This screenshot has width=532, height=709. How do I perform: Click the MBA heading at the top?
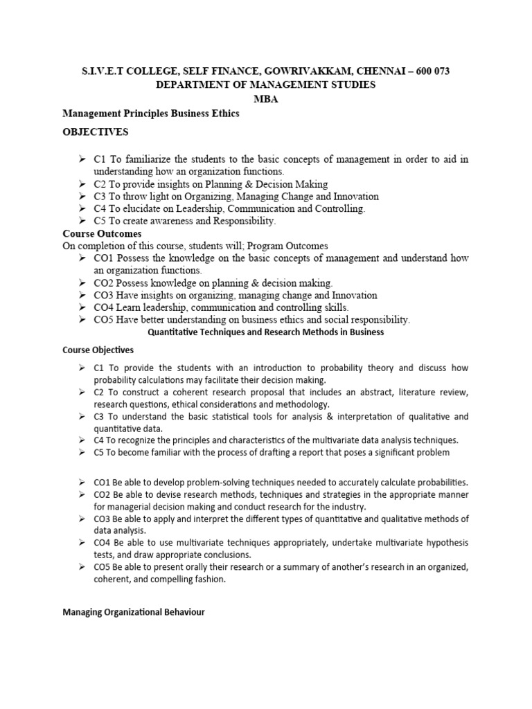coord(266,98)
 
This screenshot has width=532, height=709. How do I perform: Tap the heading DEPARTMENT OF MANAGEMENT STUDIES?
coord(266,85)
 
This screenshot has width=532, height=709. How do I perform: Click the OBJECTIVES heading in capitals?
coord(96,132)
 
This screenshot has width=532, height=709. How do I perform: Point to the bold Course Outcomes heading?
coord(102,234)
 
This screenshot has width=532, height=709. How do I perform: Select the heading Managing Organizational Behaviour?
coord(134,613)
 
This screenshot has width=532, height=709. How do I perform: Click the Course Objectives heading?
coord(98,350)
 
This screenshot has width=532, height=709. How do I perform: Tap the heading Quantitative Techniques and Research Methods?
coord(266,332)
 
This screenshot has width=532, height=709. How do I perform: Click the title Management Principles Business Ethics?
coord(151,114)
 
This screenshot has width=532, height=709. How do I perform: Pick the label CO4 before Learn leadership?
coord(105,307)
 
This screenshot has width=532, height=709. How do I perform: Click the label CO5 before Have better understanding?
coord(105,320)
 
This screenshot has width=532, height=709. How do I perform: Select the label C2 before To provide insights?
coord(101,184)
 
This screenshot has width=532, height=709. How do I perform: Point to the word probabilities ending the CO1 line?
coord(440,482)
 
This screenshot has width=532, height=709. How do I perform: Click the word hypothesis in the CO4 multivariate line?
coord(444,543)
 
